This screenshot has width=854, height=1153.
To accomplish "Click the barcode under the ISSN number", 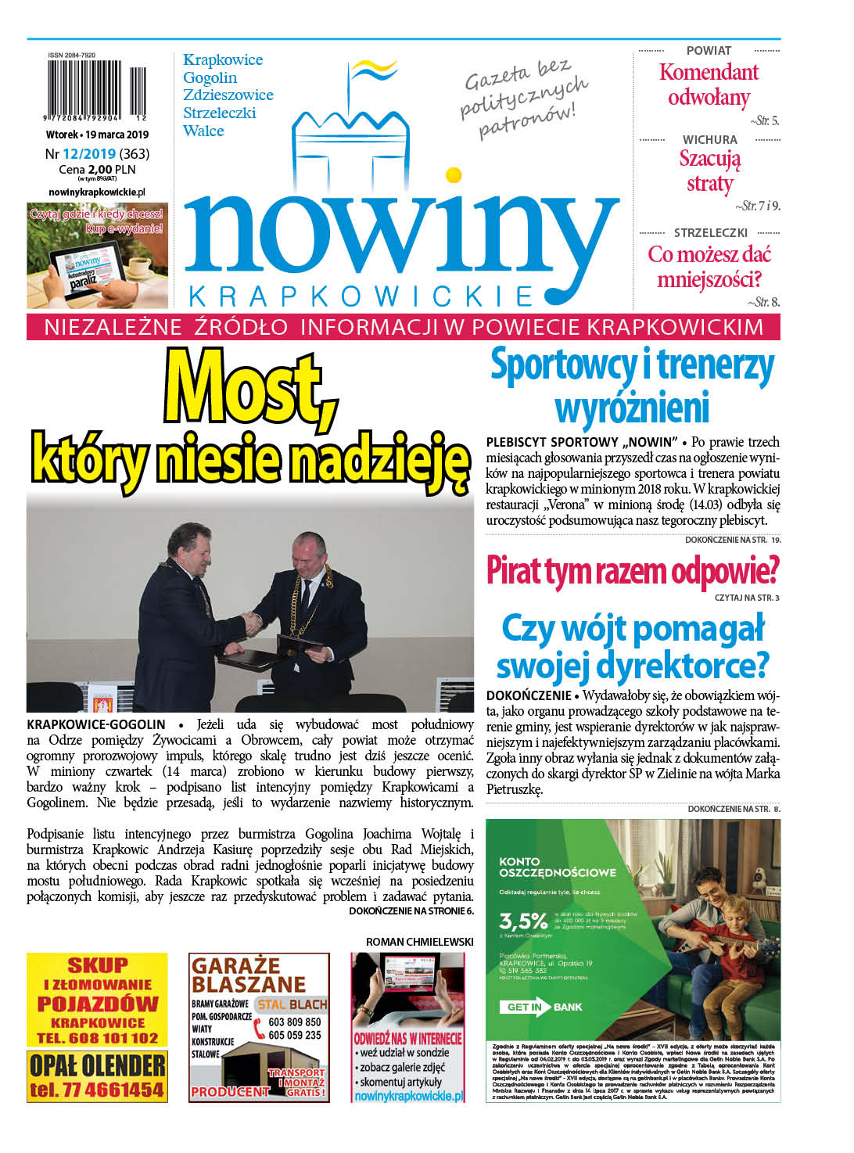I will click(97, 91).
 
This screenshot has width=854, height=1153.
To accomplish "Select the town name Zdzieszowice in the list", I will click(228, 95).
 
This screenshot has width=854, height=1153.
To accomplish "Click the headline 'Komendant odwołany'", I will click(709, 84).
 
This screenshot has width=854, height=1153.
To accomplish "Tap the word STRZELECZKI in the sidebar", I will click(710, 233).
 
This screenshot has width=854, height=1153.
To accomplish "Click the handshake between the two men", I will click(253, 621).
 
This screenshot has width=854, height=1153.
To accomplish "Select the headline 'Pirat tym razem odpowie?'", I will click(632, 571).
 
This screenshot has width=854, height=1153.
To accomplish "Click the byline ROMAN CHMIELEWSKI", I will click(419, 942).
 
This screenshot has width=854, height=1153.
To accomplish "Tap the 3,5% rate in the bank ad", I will click(522, 920).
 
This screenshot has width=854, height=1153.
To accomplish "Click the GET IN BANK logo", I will click(545, 1007).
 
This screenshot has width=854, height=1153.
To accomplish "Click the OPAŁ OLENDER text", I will click(98, 1065).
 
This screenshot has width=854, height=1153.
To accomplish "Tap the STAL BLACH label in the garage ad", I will click(292, 1004).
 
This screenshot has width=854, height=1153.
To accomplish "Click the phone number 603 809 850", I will click(294, 1022).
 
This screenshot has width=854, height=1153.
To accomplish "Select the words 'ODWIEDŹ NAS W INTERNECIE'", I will click(407, 1039).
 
